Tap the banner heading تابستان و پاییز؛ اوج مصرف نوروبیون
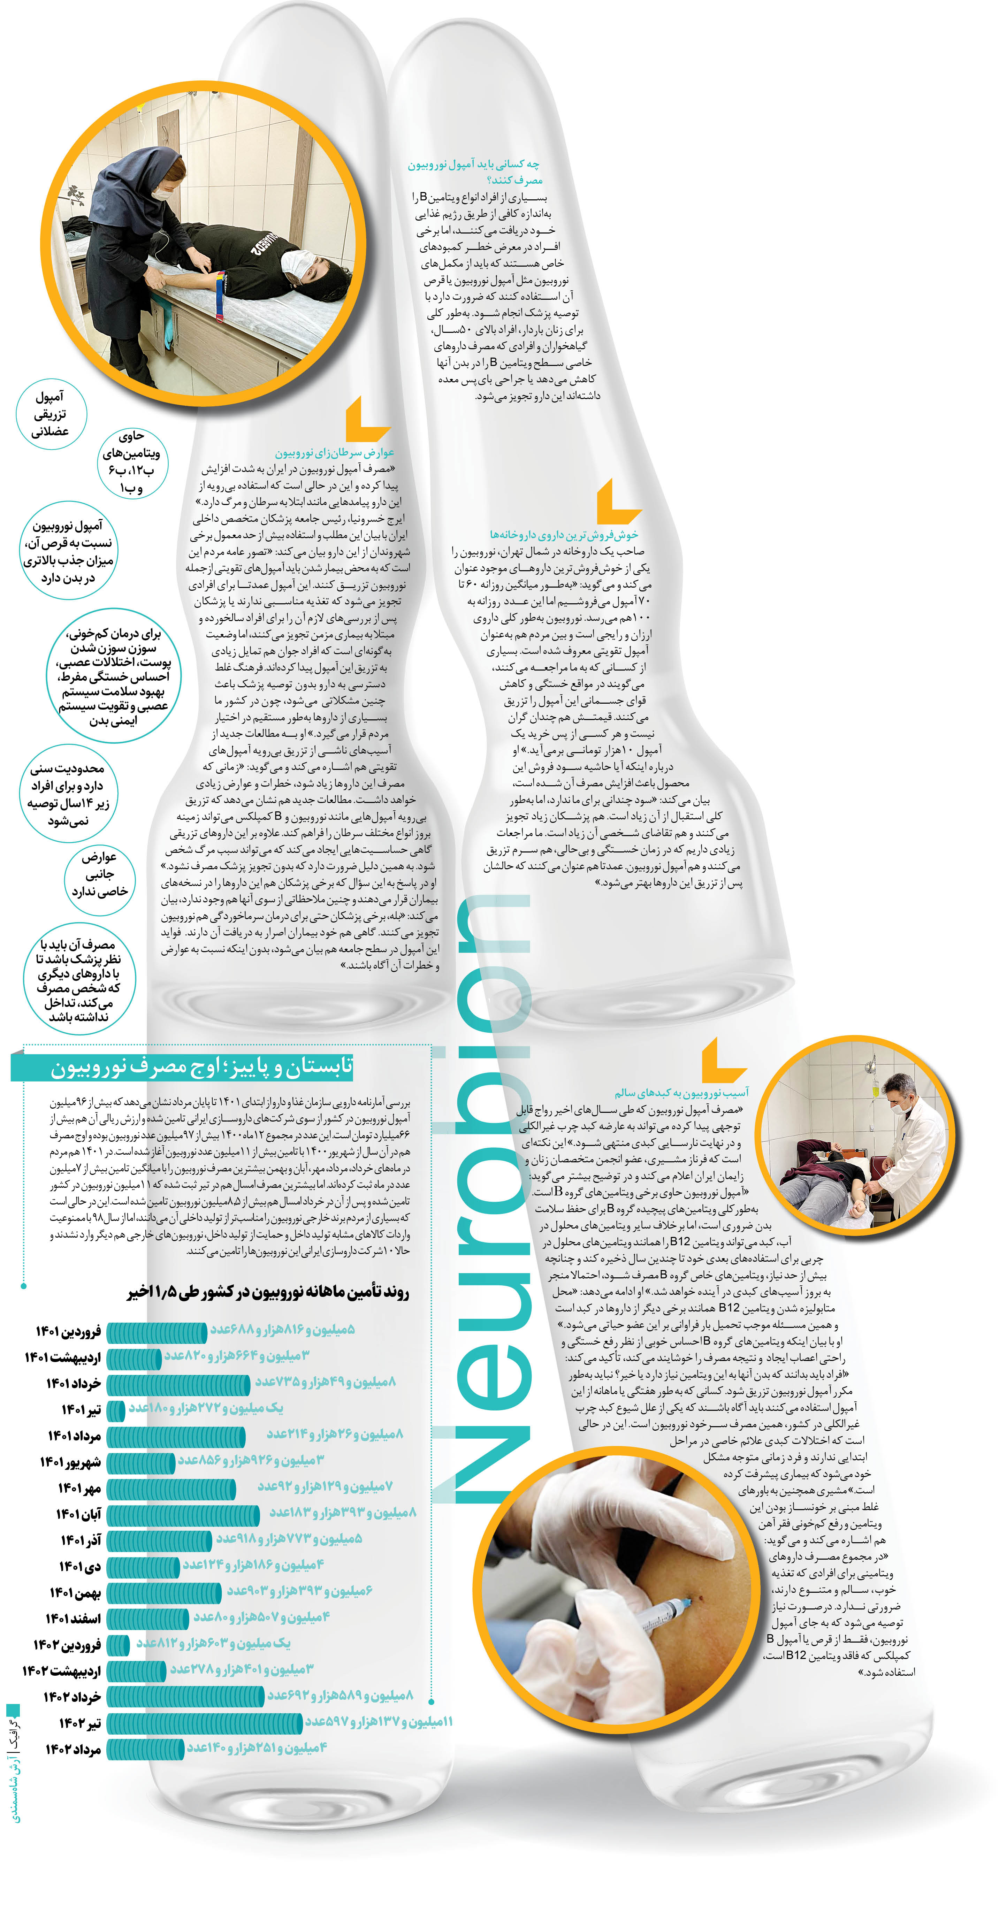point(201,1067)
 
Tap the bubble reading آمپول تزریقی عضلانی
point(51,414)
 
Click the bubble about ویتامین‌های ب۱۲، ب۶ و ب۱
point(132,462)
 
